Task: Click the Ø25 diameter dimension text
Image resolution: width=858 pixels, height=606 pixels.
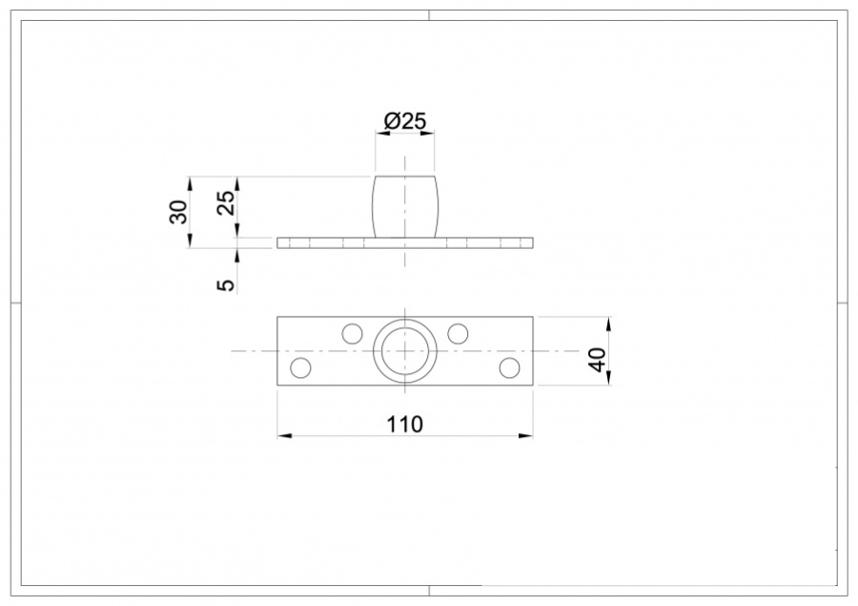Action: pyautogui.click(x=405, y=121)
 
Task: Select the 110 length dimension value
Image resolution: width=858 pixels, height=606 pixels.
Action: pyautogui.click(x=405, y=423)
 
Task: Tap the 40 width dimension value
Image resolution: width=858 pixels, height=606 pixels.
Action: pyautogui.click(x=598, y=360)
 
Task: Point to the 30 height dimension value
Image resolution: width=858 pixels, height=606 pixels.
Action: pyautogui.click(x=178, y=212)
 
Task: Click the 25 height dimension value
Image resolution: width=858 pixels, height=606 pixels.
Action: pyautogui.click(x=226, y=202)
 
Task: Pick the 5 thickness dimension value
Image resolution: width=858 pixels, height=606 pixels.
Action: pyautogui.click(x=226, y=284)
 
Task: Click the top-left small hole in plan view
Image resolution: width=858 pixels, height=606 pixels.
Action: pyautogui.click(x=353, y=333)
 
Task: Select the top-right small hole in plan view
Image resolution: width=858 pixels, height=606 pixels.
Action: pyautogui.click(x=458, y=333)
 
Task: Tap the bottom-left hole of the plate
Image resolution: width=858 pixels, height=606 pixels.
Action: pyautogui.click(x=300, y=367)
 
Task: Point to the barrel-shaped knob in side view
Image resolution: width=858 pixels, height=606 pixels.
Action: pyautogui.click(x=405, y=206)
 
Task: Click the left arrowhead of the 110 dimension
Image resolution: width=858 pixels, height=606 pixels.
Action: pyautogui.click(x=283, y=436)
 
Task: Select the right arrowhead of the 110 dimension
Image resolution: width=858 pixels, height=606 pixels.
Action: pyautogui.click(x=527, y=436)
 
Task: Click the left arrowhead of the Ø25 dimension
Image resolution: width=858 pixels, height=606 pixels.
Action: pyautogui.click(x=379, y=135)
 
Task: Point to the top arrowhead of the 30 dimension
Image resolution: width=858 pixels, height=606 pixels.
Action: pyautogui.click(x=191, y=181)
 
